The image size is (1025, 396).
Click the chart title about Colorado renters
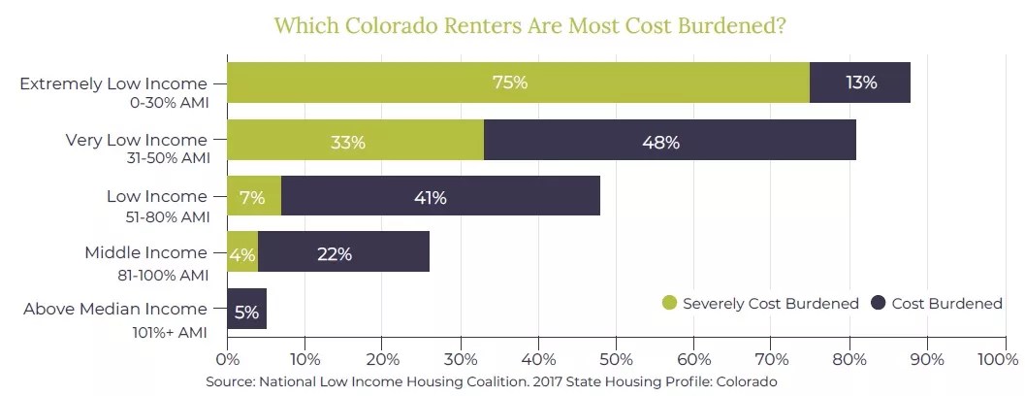click(x=529, y=25)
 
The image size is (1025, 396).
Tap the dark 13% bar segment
click(x=860, y=82)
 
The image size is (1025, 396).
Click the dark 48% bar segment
click(x=669, y=142)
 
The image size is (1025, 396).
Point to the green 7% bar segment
click(x=253, y=198)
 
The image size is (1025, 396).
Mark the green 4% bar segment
click(x=241, y=255)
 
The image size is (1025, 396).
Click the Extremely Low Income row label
click(x=113, y=83)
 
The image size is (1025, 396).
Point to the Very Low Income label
click(x=136, y=140)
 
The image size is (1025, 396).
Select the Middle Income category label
click(x=145, y=253)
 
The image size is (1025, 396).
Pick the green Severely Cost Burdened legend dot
click(x=669, y=303)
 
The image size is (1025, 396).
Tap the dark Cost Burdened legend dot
click(x=879, y=303)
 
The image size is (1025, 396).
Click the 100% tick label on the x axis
click(x=999, y=359)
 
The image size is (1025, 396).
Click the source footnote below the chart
click(x=492, y=381)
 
